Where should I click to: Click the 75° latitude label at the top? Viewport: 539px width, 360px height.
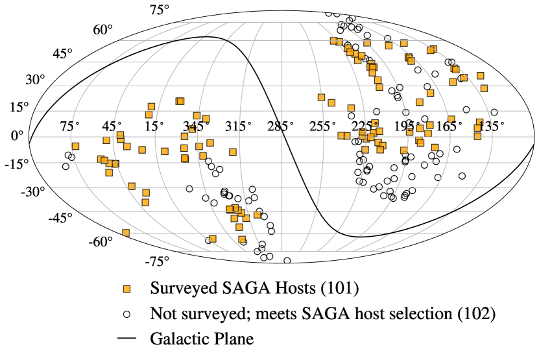click(x=160, y=10)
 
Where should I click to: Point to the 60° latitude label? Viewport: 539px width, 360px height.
click(x=102, y=30)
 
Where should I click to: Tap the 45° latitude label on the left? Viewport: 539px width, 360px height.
click(x=64, y=53)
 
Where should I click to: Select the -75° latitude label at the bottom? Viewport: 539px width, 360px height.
click(x=158, y=261)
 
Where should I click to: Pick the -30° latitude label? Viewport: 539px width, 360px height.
click(x=34, y=191)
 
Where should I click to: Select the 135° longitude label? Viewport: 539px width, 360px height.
click(x=492, y=126)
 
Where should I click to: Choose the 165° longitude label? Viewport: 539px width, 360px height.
click(x=450, y=126)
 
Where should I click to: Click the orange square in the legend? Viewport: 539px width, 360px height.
click(x=127, y=287)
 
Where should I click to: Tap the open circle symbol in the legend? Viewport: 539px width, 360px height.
click(x=127, y=313)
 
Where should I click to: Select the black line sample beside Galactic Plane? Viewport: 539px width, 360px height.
click(x=127, y=338)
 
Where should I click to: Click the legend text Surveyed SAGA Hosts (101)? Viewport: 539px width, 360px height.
click(x=254, y=287)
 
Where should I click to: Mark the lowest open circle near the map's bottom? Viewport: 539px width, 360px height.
click(x=287, y=260)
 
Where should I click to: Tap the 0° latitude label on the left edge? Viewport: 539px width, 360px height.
click(x=18, y=135)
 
